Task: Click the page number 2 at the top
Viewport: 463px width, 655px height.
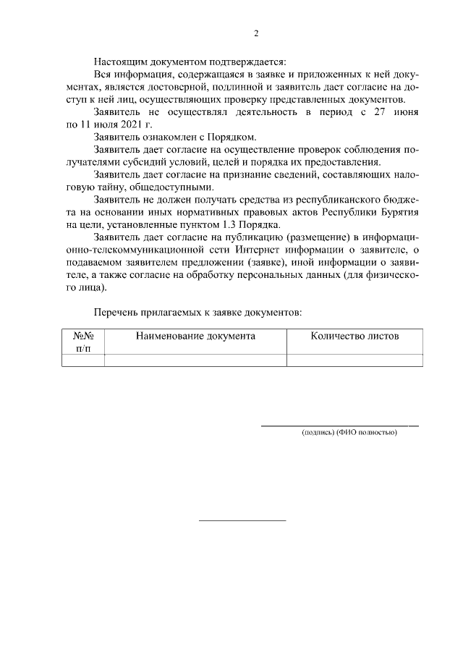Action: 256,33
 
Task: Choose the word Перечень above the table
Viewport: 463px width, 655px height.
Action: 116,312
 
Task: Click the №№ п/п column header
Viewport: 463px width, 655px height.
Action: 84,342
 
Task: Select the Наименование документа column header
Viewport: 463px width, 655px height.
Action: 195,337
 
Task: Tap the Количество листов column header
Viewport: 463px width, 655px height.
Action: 354,337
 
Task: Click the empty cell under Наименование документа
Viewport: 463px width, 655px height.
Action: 195,360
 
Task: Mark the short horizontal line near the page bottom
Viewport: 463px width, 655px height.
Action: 242,520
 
